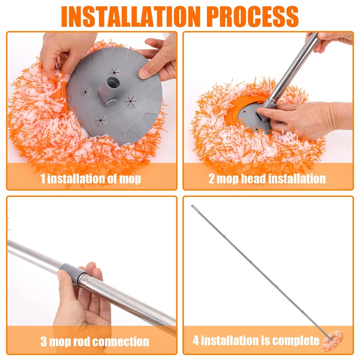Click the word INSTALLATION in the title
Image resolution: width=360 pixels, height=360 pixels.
coord(131,17)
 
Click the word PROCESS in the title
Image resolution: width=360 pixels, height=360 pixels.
coord(252,17)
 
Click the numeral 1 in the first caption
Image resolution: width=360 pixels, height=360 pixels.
coord(43,179)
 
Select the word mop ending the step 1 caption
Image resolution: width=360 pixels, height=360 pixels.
coord(130,179)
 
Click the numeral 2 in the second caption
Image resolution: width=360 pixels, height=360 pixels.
coord(211,179)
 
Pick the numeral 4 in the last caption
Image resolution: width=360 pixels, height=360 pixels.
coord(196,340)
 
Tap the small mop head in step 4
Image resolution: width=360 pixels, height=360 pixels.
coord(333,341)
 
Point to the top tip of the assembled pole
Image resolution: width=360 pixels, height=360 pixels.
coord(193,206)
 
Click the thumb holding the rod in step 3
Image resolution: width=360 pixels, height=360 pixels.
coord(65,280)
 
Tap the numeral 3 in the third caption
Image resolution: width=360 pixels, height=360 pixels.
coord(43,342)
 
